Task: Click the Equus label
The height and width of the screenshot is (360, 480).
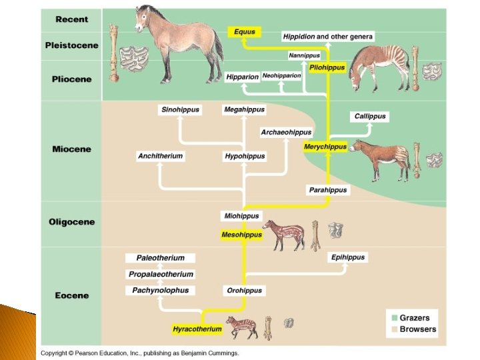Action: [244, 31]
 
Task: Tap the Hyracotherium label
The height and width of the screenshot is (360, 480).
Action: [197, 329]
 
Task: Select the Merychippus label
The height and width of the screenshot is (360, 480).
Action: [325, 147]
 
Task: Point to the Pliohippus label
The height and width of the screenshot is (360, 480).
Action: [327, 68]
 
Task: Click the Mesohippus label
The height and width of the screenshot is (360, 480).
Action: [242, 235]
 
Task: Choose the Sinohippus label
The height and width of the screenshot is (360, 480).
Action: [180, 109]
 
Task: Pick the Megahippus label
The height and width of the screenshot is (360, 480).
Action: [244, 109]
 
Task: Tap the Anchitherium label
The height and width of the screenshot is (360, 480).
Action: [160, 156]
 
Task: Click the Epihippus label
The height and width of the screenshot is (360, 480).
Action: [348, 257]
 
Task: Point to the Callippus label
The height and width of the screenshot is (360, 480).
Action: [370, 116]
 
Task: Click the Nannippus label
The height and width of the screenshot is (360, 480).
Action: [304, 55]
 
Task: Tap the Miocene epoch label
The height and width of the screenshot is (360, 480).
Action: [71, 149]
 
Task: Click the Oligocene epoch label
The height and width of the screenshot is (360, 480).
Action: [71, 222]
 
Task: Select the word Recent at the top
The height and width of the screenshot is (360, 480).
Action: [71, 19]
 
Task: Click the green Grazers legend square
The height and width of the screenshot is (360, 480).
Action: [394, 318]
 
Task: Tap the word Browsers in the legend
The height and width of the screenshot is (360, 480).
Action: [417, 329]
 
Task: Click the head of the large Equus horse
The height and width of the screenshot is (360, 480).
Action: [144, 19]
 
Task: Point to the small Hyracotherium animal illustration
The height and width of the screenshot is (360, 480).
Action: [241, 326]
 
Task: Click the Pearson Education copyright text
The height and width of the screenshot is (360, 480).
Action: [139, 353]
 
